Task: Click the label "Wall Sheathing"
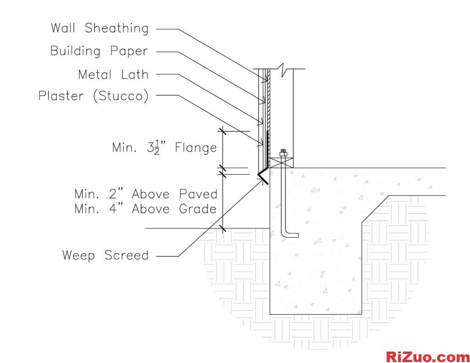[x=100, y=28]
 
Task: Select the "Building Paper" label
[x=99, y=50]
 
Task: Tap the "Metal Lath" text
[x=113, y=73]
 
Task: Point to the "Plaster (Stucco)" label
[x=94, y=96]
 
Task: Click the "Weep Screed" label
[x=106, y=255]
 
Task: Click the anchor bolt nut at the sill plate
[x=283, y=154]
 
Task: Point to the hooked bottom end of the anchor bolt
[x=291, y=235]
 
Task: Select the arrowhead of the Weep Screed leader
[x=265, y=181]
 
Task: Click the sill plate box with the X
[x=281, y=162]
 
